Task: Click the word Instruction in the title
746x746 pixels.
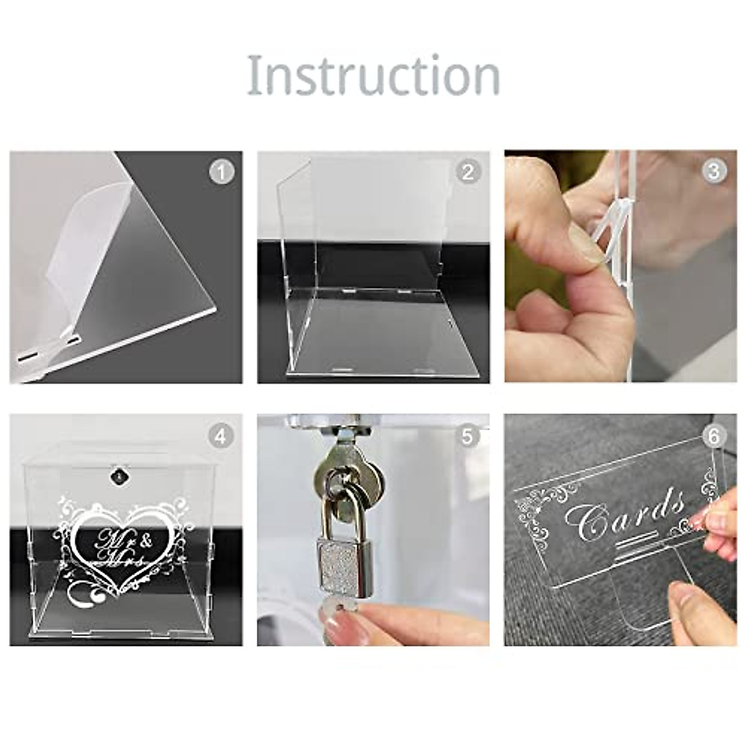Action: pos(374,75)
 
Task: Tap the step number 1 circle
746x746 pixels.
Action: pos(222,172)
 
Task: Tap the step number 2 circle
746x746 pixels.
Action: pos(468,172)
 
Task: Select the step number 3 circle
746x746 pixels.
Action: pos(714,172)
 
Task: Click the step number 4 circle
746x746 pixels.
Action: pos(221,436)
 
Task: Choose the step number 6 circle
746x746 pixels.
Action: pos(714,436)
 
